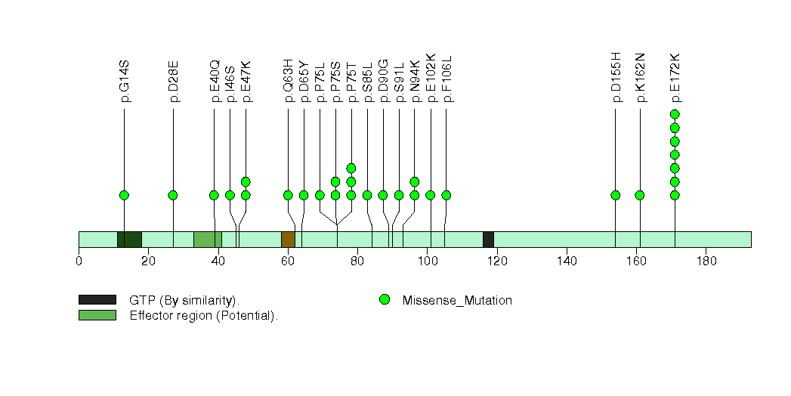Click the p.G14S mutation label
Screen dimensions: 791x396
click(x=125, y=82)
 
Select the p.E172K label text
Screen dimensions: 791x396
click(x=675, y=77)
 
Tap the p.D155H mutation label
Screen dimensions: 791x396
click(x=616, y=77)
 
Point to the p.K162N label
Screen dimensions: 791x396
click(x=640, y=77)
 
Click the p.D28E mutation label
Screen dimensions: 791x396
click(x=174, y=82)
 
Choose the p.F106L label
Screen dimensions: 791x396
click(x=446, y=79)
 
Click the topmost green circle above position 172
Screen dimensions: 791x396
click(x=675, y=114)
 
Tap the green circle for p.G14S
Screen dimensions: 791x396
click(x=124, y=195)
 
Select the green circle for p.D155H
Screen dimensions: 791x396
click(x=616, y=195)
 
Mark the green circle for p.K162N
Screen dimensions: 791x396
click(x=640, y=195)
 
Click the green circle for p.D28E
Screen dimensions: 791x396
click(x=173, y=195)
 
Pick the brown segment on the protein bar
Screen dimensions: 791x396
click(x=288, y=240)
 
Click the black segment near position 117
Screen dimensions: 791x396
click(x=488, y=240)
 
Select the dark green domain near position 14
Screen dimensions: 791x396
click(x=130, y=240)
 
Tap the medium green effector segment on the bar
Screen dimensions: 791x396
click(x=208, y=240)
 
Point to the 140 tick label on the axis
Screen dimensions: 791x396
click(x=567, y=261)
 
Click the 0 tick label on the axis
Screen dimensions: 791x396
click(x=79, y=261)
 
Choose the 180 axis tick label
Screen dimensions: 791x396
click(x=706, y=261)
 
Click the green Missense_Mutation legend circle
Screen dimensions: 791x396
click(x=385, y=300)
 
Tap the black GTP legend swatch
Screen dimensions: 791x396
click(x=97, y=300)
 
